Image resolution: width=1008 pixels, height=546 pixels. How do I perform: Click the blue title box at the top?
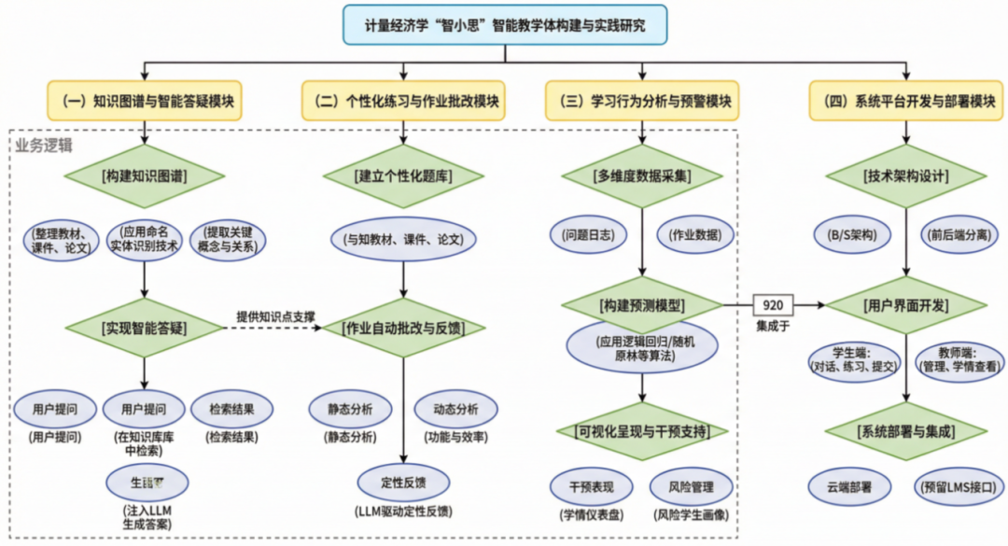click(x=505, y=24)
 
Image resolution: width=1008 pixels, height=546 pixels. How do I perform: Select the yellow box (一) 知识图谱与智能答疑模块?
click(x=145, y=101)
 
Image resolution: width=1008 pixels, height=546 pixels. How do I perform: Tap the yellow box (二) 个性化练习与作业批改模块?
click(x=403, y=101)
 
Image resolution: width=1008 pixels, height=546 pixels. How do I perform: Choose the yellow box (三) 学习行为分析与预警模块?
click(x=643, y=101)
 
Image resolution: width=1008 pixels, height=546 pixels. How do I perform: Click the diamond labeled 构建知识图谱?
click(x=145, y=175)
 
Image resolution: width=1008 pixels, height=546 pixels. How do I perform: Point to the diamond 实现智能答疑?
click(x=145, y=328)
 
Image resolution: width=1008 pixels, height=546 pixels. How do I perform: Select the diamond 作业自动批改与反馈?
click(x=403, y=328)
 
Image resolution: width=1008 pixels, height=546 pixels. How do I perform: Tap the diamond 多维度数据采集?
click(x=643, y=175)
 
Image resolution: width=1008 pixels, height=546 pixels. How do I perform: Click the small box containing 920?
click(x=773, y=304)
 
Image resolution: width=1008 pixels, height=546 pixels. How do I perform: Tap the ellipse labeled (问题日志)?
click(x=588, y=235)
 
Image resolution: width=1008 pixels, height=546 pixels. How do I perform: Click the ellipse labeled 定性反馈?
click(x=403, y=483)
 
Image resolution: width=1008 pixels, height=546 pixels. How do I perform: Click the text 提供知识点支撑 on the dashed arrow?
click(x=274, y=315)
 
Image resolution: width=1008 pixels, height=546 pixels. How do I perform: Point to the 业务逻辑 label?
click(x=44, y=146)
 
